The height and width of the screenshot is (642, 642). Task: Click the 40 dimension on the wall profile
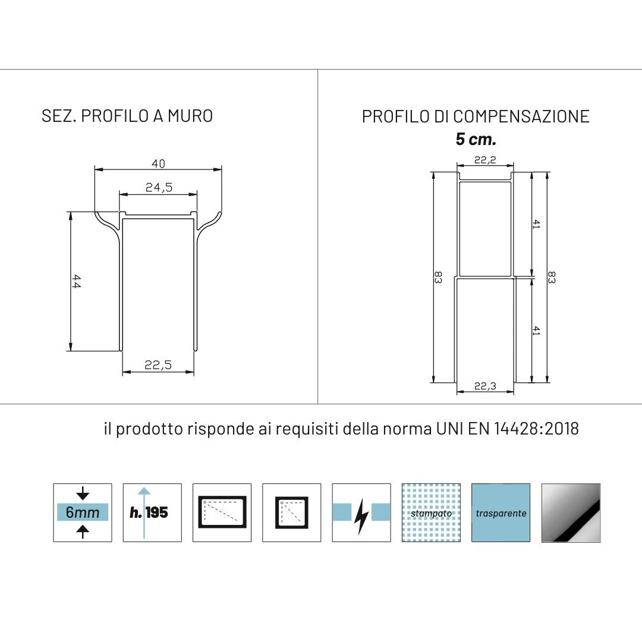pos(158,163)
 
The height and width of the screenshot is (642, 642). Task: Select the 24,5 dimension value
pos(159,188)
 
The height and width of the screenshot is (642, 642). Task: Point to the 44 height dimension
pos(77,281)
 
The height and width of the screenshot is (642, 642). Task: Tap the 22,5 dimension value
pos(158,366)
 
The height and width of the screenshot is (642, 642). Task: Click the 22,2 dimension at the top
pos(485,159)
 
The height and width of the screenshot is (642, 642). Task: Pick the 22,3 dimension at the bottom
pos(485,386)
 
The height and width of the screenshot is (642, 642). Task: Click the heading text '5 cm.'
pos(476,140)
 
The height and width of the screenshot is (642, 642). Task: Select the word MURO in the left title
pos(190,115)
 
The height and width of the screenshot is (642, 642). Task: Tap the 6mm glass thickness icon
pos(83,512)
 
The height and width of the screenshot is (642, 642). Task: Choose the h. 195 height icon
pos(152,512)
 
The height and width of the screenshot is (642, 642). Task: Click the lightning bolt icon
pos(361,512)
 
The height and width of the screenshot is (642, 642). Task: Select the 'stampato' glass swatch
pos(431,512)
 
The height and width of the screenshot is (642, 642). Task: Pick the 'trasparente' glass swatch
pos(501,512)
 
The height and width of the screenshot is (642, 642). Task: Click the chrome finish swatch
pos(571,512)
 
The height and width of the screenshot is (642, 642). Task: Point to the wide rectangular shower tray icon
pos(222,512)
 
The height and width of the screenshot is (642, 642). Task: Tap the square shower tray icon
pos(291,512)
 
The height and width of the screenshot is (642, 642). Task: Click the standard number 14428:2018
pos(536,429)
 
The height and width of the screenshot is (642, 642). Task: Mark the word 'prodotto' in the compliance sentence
pos(149,429)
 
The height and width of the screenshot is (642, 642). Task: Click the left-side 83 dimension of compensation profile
pos(438,277)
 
